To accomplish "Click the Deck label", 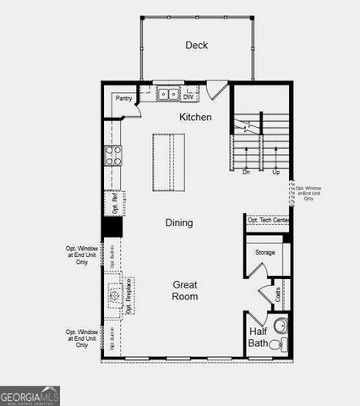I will click(x=196, y=46).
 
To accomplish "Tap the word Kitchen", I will click(x=195, y=117).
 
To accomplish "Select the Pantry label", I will click(x=123, y=98).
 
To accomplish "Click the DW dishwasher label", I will click(x=188, y=96).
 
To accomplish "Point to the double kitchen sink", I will click(x=168, y=95).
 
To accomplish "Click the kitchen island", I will click(x=168, y=162).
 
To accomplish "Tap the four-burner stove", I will click(x=112, y=155).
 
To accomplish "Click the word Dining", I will click(x=178, y=222).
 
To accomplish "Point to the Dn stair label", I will click(x=246, y=172).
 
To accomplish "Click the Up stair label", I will click(x=275, y=172).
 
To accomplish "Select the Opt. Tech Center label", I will click(x=267, y=220).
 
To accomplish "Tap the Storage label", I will click(x=265, y=252).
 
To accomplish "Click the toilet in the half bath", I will click(x=281, y=344).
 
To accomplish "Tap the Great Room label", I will click(x=185, y=290).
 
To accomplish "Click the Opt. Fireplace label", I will click(x=129, y=297).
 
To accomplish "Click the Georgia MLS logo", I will click(x=30, y=395).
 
